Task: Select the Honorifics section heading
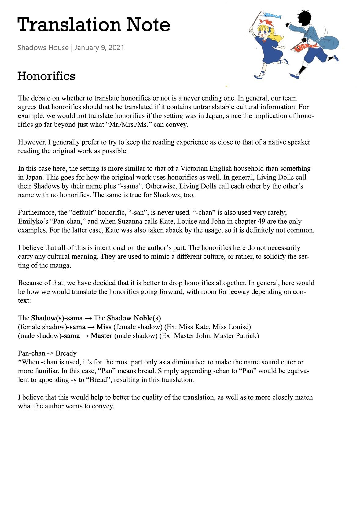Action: (46, 76)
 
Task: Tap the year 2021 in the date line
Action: (116, 48)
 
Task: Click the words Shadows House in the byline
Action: (43, 48)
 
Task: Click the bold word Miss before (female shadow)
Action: (104, 327)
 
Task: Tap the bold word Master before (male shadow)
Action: (101, 336)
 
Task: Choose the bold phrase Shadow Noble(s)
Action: (134, 318)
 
